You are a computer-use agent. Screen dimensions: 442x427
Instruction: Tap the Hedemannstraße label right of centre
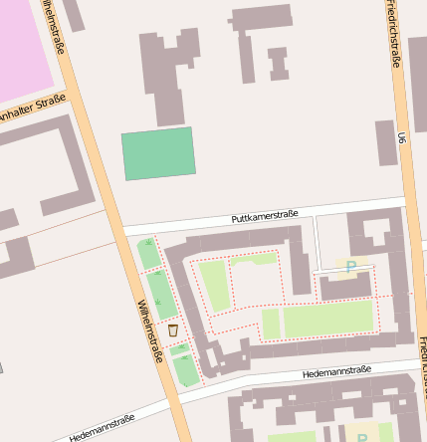click(x=335, y=372)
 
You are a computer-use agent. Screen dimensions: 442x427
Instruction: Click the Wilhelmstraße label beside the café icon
click(x=149, y=331)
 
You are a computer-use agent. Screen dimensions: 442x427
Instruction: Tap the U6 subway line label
click(x=401, y=138)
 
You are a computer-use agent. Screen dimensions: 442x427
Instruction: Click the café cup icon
click(x=172, y=330)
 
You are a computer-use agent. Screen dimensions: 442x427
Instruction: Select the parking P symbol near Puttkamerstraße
click(x=350, y=267)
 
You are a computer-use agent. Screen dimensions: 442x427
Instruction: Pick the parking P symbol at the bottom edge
click(x=361, y=435)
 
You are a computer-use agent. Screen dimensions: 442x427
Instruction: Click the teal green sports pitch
click(x=157, y=153)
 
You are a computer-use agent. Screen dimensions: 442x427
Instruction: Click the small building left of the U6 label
click(x=386, y=142)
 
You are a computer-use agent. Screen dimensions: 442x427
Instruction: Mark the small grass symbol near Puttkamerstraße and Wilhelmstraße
click(x=149, y=242)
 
